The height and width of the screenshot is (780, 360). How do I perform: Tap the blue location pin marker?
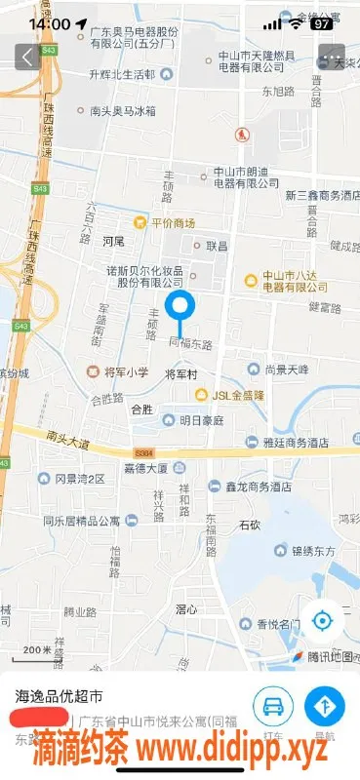coord(180,308)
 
